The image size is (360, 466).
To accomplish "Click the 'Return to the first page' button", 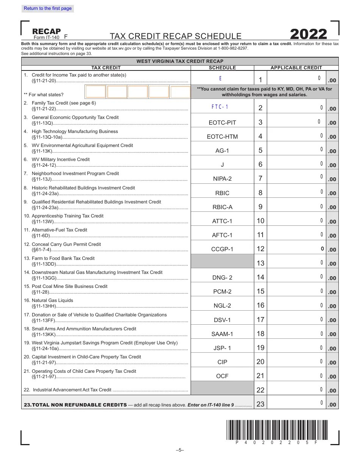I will pyautogui.click(x=48, y=8).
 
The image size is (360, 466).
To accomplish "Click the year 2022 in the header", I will pyautogui.click(x=308, y=34).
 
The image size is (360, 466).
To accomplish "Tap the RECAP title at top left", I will pyautogui.click(x=47, y=31).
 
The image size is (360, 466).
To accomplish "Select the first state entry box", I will pyautogui.click(x=95, y=92).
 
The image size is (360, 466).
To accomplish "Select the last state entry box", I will pyautogui.click(x=180, y=92).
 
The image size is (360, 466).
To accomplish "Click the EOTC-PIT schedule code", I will pyautogui.click(x=222, y=123).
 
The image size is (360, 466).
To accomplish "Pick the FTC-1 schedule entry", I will pyautogui.click(x=220, y=107).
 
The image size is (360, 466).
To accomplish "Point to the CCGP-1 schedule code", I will pyautogui.click(x=222, y=249).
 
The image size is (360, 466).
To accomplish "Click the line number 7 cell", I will pyautogui.click(x=260, y=178).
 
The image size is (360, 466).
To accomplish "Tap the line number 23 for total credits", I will pyautogui.click(x=260, y=404).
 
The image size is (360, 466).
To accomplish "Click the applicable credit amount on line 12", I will pyautogui.click(x=296, y=249).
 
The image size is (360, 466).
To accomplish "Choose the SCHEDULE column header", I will pyautogui.click(x=222, y=68).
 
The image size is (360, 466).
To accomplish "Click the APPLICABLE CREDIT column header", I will pyautogui.click(x=296, y=68).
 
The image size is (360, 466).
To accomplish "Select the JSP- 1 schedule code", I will pyautogui.click(x=222, y=348).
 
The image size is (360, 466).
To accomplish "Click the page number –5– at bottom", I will pyautogui.click(x=180, y=450).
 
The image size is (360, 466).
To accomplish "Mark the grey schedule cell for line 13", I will pyautogui.click(x=222, y=261).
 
